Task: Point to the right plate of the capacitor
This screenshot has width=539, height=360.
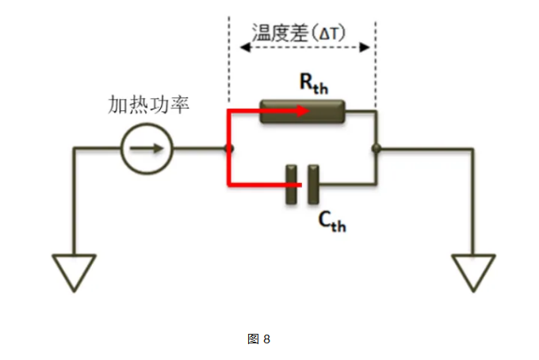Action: pyautogui.click(x=315, y=185)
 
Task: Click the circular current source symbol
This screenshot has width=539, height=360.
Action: pyautogui.click(x=147, y=148)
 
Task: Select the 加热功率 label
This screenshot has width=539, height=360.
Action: pyautogui.click(x=148, y=105)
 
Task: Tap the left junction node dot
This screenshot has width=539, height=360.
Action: pyautogui.click(x=229, y=148)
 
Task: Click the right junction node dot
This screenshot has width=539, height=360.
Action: pyautogui.click(x=377, y=148)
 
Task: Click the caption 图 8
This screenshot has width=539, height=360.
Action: pyautogui.click(x=259, y=339)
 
